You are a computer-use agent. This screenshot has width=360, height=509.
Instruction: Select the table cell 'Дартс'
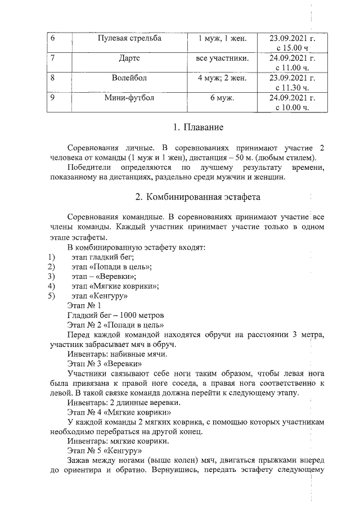[x=129, y=58]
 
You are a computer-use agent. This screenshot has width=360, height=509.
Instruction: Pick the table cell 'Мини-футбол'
[x=129, y=98]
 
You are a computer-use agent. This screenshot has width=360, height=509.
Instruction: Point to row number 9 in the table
[x=53, y=98]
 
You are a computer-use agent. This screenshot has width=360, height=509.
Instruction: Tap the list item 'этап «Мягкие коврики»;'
[x=115, y=286]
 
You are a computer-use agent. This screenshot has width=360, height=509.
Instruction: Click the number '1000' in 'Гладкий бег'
[x=125, y=315]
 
